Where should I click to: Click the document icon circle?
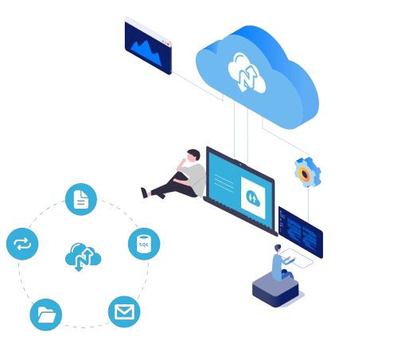point(81,199)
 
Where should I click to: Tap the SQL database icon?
point(144,244)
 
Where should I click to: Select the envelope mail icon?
point(124,311)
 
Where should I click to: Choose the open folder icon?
point(46,315)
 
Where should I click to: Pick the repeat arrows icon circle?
point(22,244)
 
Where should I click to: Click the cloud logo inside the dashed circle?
point(83,257)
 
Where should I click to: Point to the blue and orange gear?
point(307,172)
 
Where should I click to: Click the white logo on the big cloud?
point(247,72)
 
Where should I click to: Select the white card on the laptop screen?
point(253,198)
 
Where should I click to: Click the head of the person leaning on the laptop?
point(193,155)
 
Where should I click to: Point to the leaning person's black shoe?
point(144,193)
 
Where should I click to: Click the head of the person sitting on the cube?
point(278,248)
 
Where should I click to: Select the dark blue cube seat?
point(275,290)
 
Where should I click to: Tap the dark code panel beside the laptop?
point(301,232)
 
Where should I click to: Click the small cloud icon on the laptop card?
point(253,198)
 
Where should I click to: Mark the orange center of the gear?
point(305,174)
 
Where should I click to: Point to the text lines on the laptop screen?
point(224,183)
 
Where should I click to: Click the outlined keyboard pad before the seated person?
point(297,258)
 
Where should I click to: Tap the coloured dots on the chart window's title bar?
point(166,42)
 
